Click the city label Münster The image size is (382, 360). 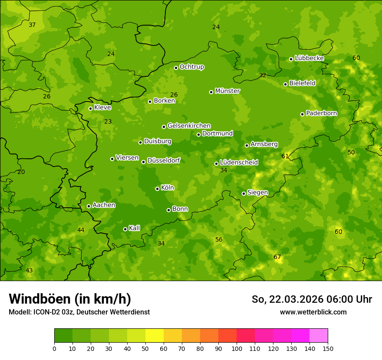click(x=227, y=91)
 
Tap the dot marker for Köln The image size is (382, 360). click(x=157, y=189)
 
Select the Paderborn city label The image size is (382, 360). click(x=322, y=113)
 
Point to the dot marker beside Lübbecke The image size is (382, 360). click(x=291, y=59)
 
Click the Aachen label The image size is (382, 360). click(x=104, y=205)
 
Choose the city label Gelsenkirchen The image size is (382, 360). click(x=189, y=126)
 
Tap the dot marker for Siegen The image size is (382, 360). click(x=244, y=193)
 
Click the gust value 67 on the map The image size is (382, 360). click(x=277, y=257)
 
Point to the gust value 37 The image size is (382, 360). click(x=32, y=25)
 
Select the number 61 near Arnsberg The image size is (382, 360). click(x=285, y=156)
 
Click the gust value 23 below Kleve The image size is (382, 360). click(x=108, y=122)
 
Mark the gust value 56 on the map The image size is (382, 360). click(x=219, y=240)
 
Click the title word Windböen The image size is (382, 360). click(x=40, y=299)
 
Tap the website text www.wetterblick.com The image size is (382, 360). click(x=313, y=312)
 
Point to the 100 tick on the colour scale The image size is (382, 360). click(x=237, y=348)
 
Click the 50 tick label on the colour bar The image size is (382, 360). click(x=145, y=348)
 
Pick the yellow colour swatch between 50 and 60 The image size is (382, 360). click(x=155, y=336)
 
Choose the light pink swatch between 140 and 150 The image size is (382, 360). click(x=319, y=336)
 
